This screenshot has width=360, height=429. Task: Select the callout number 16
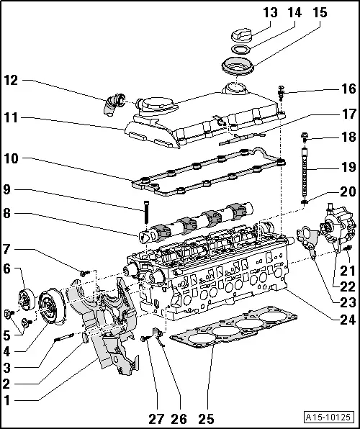(x=348, y=89)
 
